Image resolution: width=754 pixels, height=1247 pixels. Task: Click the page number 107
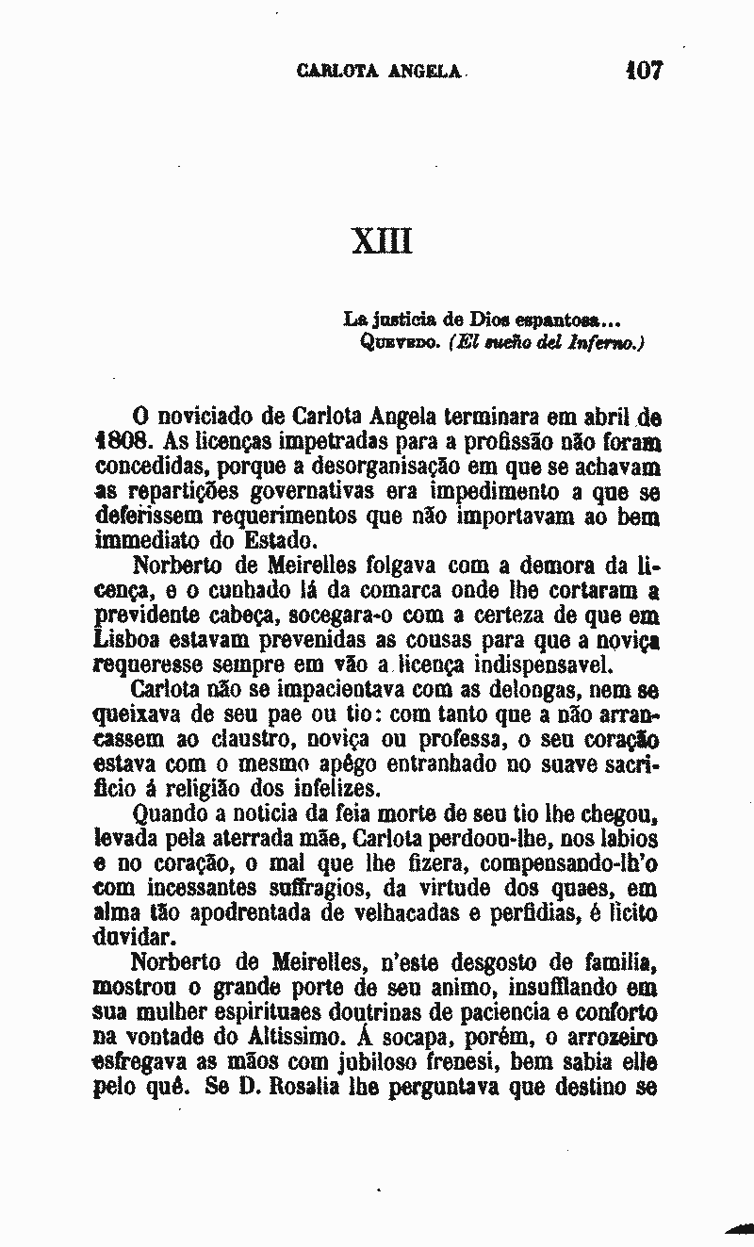[x=644, y=71]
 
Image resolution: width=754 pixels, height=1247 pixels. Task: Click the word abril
[x=619, y=416]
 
